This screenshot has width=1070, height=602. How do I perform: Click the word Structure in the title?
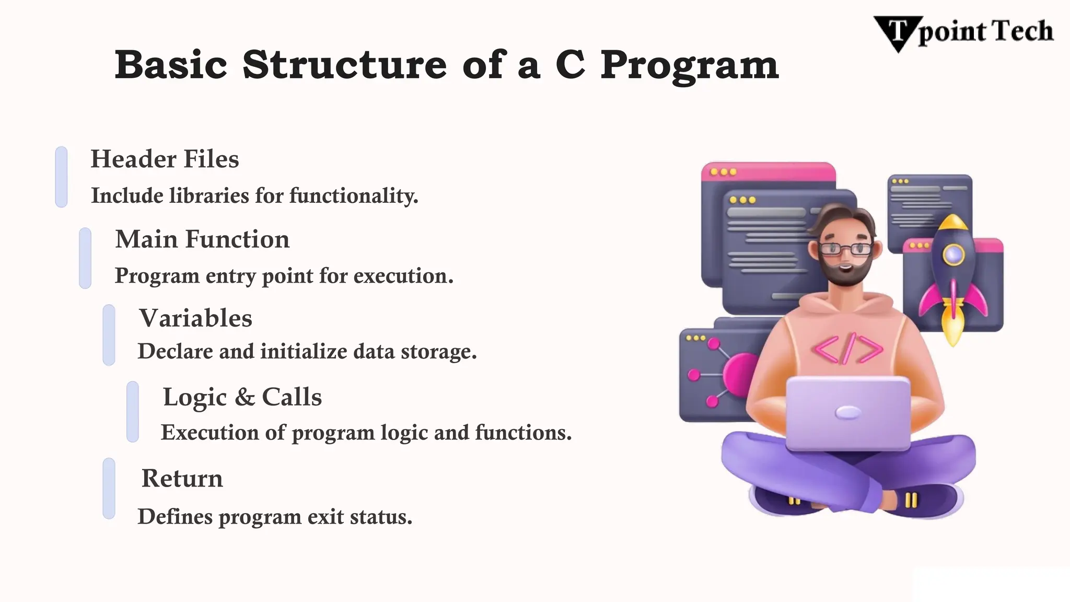click(x=344, y=65)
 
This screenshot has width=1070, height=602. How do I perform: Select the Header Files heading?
click(x=165, y=159)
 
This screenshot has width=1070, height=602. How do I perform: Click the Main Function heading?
click(x=202, y=239)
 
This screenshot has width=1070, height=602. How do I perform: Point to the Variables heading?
click(x=195, y=318)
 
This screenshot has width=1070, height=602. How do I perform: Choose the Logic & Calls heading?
click(x=242, y=397)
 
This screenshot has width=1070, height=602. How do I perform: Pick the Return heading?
click(x=182, y=478)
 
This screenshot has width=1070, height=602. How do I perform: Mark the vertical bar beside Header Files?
click(x=61, y=177)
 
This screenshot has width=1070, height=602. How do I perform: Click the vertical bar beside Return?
click(x=109, y=489)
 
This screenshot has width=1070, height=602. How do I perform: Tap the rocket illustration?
click(x=953, y=277)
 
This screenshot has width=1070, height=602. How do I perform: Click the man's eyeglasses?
click(x=845, y=249)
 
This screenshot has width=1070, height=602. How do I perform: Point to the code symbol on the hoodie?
click(x=847, y=349)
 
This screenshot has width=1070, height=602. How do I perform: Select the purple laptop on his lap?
click(x=848, y=413)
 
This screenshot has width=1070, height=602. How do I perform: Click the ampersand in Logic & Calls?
click(x=244, y=397)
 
